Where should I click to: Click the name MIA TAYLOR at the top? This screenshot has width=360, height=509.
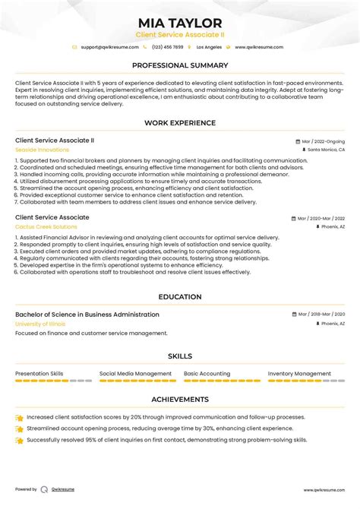[180, 23]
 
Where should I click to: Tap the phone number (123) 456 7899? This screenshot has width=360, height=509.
[169, 47]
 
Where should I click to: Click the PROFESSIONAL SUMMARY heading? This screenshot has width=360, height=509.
[180, 65]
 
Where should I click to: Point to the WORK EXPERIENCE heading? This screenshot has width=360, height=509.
[180, 123]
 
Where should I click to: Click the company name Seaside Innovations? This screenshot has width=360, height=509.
[42, 150]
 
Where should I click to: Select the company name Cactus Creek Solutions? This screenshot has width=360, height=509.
[46, 226]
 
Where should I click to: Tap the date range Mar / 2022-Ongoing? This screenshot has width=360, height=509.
[323, 141]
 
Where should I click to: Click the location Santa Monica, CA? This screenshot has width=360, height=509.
[326, 150]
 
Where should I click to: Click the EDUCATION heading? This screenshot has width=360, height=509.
[180, 297]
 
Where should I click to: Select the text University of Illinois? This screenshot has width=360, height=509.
[40, 324]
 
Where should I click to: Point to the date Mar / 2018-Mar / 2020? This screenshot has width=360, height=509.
[321, 315]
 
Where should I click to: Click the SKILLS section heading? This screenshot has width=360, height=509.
[180, 356]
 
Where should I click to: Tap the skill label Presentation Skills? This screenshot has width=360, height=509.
[39, 374]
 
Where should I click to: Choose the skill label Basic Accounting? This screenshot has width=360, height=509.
[207, 374]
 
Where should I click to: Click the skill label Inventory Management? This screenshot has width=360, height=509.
[299, 374]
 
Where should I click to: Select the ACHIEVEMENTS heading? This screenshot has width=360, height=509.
[180, 399]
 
